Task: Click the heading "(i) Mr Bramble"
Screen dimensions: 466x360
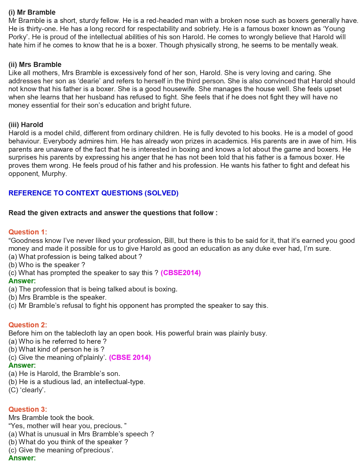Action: click(x=32, y=12)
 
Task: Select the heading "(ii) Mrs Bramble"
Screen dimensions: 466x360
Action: click(x=35, y=65)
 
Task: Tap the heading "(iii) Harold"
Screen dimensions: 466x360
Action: click(x=26, y=125)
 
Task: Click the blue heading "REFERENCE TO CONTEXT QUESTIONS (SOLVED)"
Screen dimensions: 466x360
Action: click(x=93, y=193)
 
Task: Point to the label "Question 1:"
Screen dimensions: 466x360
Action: click(x=28, y=232)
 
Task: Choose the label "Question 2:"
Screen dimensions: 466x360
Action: click(x=28, y=325)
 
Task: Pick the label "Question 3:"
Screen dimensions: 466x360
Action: click(x=28, y=410)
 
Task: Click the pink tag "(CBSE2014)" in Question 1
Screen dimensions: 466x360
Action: click(x=181, y=273)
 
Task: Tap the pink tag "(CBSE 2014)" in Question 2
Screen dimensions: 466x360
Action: click(x=130, y=358)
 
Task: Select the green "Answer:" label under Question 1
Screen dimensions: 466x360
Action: click(x=22, y=281)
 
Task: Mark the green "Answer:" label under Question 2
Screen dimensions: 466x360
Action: click(x=22, y=365)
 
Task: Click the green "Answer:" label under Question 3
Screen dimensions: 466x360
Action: click(x=22, y=458)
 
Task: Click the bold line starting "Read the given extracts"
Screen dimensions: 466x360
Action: click(x=113, y=213)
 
